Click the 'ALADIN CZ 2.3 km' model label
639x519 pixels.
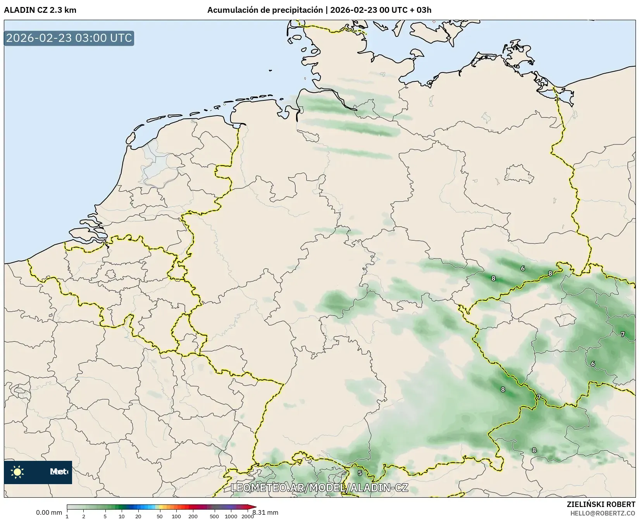coord(40,10)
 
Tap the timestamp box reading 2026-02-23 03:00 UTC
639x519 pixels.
coord(69,38)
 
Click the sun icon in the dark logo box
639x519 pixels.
coord(17,472)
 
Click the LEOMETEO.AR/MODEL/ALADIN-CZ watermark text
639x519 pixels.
coord(319,488)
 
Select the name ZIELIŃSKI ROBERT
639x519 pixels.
coord(601,504)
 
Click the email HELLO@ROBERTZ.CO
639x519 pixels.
coord(603,513)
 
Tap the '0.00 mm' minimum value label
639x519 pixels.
coord(49,512)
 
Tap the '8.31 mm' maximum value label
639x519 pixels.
coord(266,512)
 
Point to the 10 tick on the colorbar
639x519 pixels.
coord(122,516)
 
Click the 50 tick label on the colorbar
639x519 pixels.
coord(160,516)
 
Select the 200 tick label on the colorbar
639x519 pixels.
coord(193,516)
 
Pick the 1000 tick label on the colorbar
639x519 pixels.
coord(231,516)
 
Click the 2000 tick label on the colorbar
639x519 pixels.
coord(248,516)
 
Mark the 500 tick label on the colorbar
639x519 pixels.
coord(214,516)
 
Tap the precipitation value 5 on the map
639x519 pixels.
coord(360,473)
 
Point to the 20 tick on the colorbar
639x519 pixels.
coord(138,516)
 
